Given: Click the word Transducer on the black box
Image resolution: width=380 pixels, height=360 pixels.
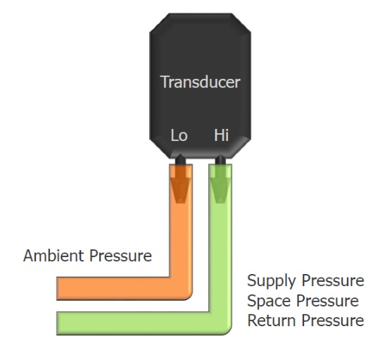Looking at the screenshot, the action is pyautogui.click(x=200, y=82).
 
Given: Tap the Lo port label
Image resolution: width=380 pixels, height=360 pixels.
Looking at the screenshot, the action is pyautogui.click(x=179, y=135).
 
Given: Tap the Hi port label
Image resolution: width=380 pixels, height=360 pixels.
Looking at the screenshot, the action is pyautogui.click(x=221, y=135).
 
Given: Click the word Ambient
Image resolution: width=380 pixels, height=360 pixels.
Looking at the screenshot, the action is pyautogui.click(x=53, y=256).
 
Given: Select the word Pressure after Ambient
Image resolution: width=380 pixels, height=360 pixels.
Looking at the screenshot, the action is pyautogui.click(x=121, y=256).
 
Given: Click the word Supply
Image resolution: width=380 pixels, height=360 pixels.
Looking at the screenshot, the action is pyautogui.click(x=272, y=281).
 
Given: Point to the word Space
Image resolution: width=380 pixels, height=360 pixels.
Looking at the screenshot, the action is pyautogui.click(x=269, y=302).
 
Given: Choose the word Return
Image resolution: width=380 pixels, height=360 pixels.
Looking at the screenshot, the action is pyautogui.click(x=272, y=321).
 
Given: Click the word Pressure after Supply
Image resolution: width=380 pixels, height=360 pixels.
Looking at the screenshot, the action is pyautogui.click(x=333, y=280).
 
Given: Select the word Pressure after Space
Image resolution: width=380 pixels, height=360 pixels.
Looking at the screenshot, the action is pyautogui.click(x=328, y=301).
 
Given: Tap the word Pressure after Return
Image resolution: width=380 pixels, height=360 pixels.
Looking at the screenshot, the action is pyautogui.click(x=333, y=321).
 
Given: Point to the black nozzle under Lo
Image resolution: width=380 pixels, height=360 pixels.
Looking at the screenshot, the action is pyautogui.click(x=180, y=160).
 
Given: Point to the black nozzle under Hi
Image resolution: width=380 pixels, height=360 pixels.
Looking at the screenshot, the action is pyautogui.click(x=220, y=160).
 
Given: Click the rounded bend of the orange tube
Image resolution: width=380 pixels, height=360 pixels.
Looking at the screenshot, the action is pyautogui.click(x=186, y=293).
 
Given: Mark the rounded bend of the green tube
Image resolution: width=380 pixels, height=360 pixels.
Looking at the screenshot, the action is pyautogui.click(x=225, y=328).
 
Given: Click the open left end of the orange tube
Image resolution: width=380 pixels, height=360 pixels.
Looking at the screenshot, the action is pyautogui.click(x=57, y=289).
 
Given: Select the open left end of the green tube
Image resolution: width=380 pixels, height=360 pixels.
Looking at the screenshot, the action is pyautogui.click(x=57, y=323).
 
